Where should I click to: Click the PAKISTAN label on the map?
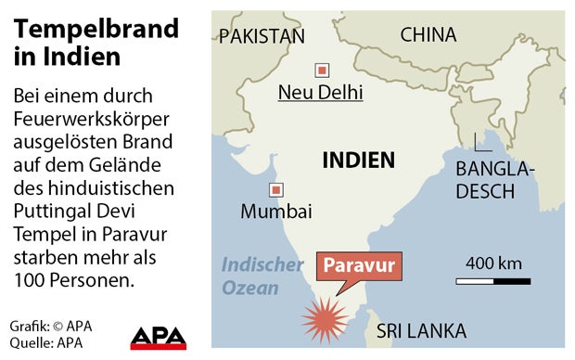261,36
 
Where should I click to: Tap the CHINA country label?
428,34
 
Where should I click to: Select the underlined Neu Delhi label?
321,92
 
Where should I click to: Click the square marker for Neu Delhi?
322,70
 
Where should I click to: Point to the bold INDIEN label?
358,160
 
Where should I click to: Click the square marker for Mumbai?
275,190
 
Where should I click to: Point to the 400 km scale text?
492,263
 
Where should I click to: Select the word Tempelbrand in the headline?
96,29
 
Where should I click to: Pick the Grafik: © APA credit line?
51,326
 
